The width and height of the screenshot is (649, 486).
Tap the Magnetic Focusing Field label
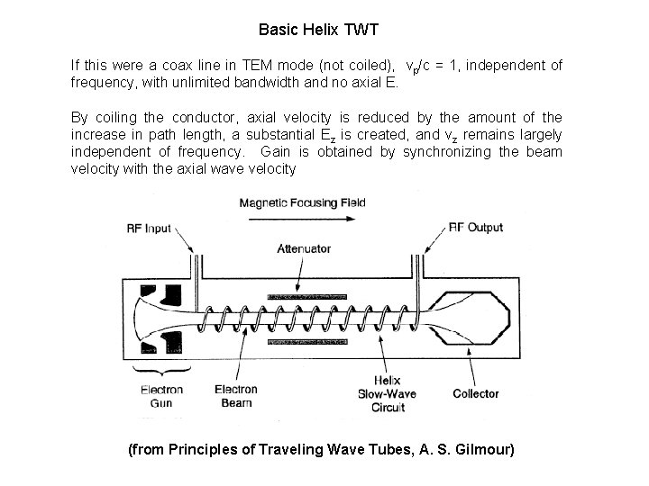click(302, 202)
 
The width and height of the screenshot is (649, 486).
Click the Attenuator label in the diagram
click(305, 249)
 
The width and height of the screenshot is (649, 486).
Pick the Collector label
click(475, 393)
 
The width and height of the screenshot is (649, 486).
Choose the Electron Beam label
click(235, 397)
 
